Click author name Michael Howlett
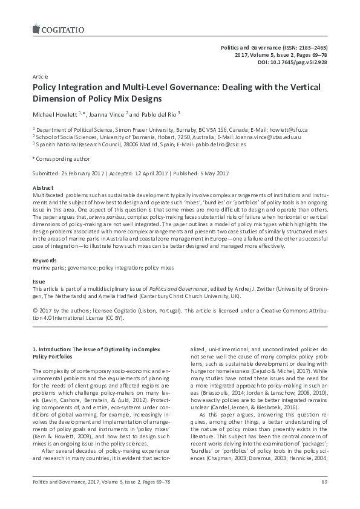coord(54,114)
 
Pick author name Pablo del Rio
coord(156,114)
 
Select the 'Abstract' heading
coord(42,188)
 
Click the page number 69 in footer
coord(324,498)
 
